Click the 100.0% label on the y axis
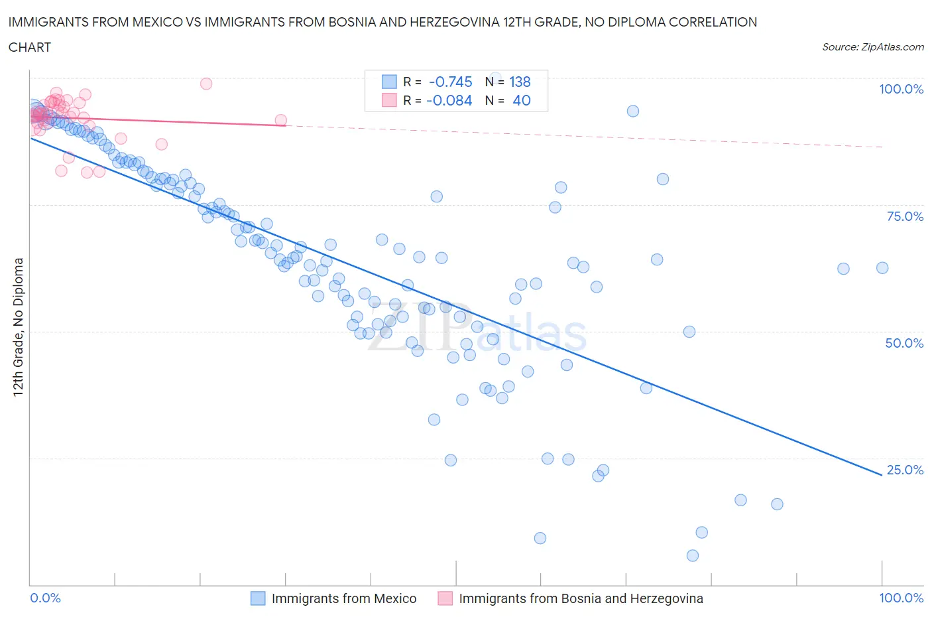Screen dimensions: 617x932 pos(901,89)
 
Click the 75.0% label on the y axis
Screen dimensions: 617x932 pos(905,216)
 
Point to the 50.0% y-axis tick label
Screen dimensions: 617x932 pos(904,343)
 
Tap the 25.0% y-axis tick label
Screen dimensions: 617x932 pos(905,470)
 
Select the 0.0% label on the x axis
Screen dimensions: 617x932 pos(46,598)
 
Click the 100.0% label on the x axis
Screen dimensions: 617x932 pos(901,598)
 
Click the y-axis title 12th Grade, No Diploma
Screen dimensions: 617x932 pos(19,326)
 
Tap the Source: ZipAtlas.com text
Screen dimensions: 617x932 pos(872,47)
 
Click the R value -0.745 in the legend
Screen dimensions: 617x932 pos(451,82)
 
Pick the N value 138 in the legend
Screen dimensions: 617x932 pos(520,82)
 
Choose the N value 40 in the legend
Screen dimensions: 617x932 pos(522,100)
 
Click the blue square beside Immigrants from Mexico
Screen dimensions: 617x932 pos(258,598)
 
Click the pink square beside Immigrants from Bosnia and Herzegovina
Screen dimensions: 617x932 pos(445,598)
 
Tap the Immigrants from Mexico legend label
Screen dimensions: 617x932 pos(344,598)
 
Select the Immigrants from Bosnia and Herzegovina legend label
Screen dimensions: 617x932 pos(581,598)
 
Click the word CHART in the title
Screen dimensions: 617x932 pos(30,47)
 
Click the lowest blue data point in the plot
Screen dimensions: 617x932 pos(693,555)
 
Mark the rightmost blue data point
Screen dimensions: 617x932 pos(882,268)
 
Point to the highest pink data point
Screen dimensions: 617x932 pos(206,84)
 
